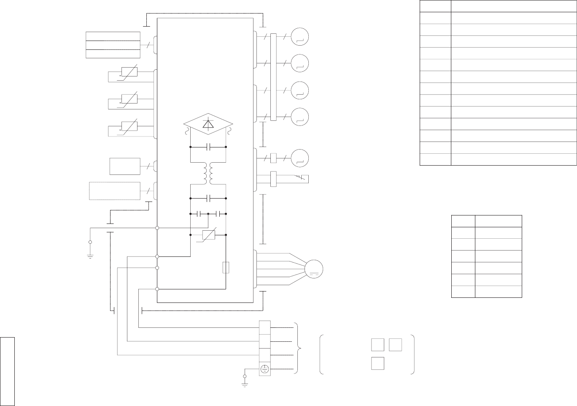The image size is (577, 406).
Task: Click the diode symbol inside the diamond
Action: point(208,124)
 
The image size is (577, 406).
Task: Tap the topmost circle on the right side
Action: point(300,36)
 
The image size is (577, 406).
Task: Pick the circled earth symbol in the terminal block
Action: point(264,369)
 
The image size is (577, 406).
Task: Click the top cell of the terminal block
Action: point(264,327)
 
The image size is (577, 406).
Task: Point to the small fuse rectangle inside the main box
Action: point(226,267)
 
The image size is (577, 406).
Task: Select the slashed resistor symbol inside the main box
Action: point(209,235)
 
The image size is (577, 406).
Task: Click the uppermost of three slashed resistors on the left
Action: point(129,71)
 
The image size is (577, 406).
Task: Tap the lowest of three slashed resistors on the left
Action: point(129,126)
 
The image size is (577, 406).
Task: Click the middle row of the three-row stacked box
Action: point(113,45)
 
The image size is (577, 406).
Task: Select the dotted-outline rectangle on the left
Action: point(115,191)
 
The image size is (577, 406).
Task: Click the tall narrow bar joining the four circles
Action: point(273,77)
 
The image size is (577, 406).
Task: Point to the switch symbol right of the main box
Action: point(302,178)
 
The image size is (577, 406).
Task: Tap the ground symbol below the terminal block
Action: point(245,384)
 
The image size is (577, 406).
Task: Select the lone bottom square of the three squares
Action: point(377,363)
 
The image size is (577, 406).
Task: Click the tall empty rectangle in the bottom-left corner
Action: point(8,371)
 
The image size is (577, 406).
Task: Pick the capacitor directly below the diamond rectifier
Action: point(208,147)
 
